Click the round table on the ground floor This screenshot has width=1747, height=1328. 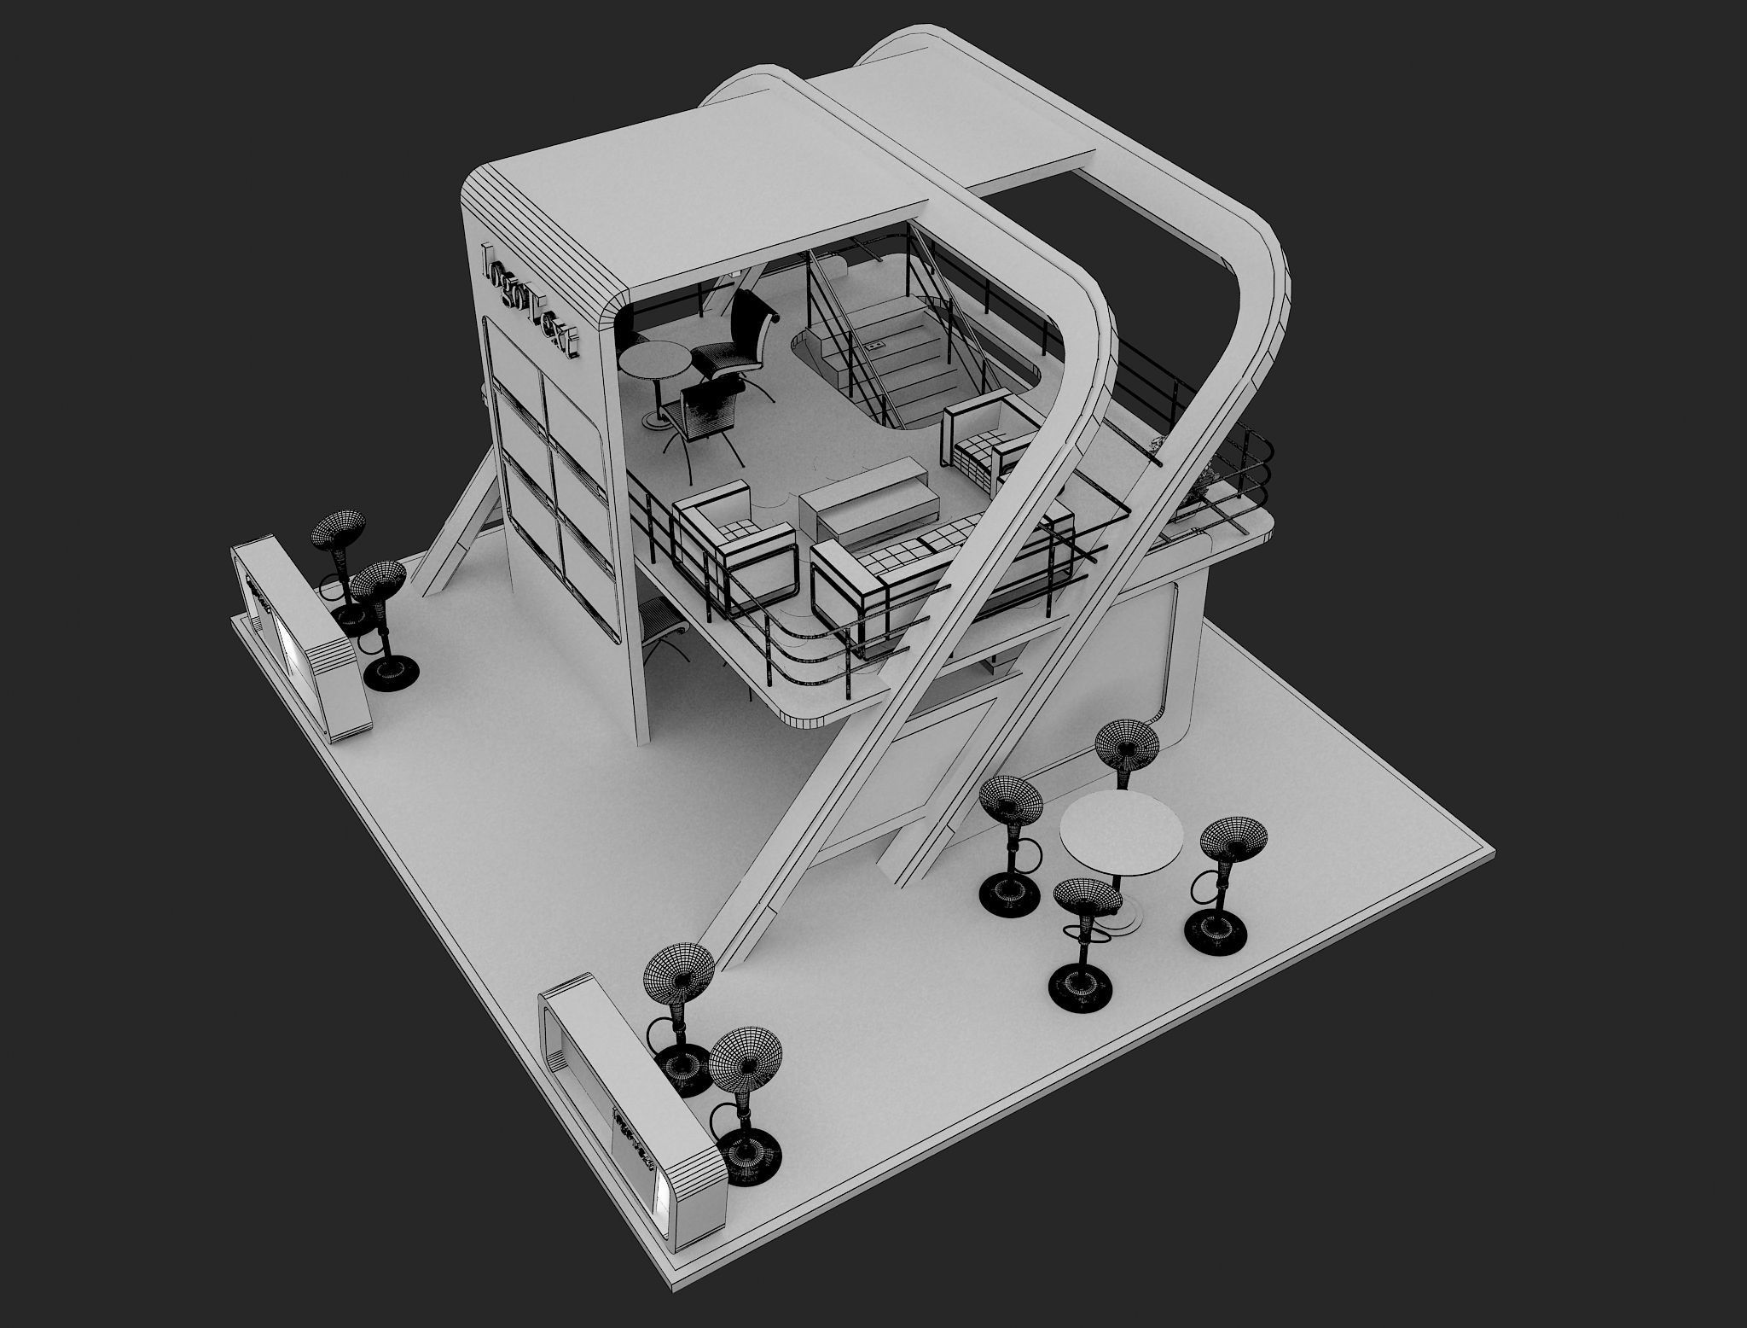(1120, 829)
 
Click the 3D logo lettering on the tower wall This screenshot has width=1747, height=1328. (530, 299)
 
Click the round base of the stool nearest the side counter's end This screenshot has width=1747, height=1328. (391, 671)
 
